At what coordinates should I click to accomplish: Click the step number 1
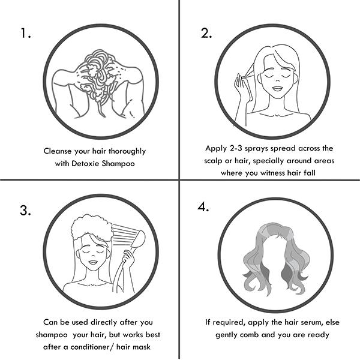click(x=26, y=33)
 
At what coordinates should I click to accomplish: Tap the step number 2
click(x=206, y=33)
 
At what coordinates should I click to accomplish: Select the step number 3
click(x=25, y=210)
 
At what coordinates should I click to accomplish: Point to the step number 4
click(x=203, y=207)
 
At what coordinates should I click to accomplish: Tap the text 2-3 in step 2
click(x=236, y=148)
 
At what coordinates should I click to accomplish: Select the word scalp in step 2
click(x=213, y=161)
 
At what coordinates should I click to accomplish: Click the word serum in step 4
click(x=313, y=322)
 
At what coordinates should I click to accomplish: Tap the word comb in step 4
click(x=250, y=335)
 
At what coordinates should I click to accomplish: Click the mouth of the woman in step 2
click(x=278, y=88)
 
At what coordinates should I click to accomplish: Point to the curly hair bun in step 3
click(x=92, y=227)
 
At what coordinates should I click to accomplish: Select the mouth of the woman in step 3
click(x=93, y=262)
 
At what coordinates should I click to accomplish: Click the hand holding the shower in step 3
click(x=129, y=259)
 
